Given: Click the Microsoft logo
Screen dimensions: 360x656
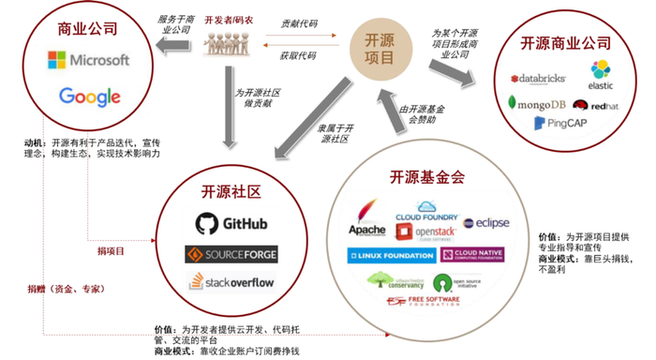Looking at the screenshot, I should (x=88, y=61).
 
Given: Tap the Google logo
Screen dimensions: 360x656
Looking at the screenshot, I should (x=89, y=96).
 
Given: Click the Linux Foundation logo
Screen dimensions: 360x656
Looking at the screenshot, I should (x=391, y=255).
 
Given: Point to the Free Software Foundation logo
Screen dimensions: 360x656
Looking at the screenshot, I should (x=425, y=302).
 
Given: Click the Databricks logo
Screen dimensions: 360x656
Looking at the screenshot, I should (x=538, y=79).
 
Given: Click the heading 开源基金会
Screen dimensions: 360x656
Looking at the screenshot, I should (x=426, y=177).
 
